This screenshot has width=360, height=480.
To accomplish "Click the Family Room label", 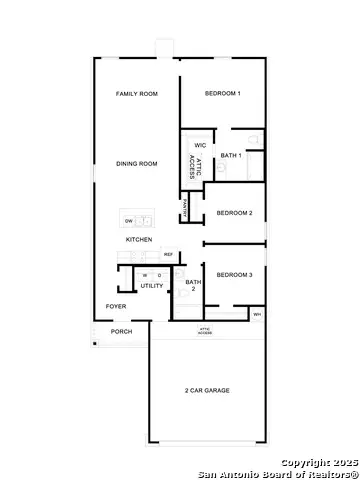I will point(137,93).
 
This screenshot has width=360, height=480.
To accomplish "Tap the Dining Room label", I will point(137,163).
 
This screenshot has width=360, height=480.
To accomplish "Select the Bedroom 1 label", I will point(222,93).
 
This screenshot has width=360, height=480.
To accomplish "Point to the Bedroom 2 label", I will point(234,212).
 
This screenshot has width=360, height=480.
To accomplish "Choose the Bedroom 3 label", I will point(234,274).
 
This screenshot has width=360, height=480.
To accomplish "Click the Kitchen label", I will point(139,240).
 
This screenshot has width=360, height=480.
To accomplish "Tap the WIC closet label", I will point(200,145).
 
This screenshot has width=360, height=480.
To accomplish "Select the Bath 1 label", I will point(231,155).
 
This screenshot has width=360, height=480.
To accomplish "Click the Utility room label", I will point(152,286).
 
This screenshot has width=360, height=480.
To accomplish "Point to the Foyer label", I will point(116,306).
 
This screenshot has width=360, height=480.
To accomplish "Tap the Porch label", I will point(121,332).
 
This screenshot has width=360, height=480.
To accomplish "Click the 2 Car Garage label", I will point(207,390).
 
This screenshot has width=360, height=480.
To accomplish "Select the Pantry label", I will point(185,209).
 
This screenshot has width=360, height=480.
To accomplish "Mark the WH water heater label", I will point(257,315).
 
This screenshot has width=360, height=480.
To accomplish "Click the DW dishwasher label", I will point(127,219).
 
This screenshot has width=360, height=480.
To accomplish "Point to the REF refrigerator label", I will point(168,255).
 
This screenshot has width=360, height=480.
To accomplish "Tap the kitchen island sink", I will point(146,219).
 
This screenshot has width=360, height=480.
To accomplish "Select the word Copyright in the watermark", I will point(303,463).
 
